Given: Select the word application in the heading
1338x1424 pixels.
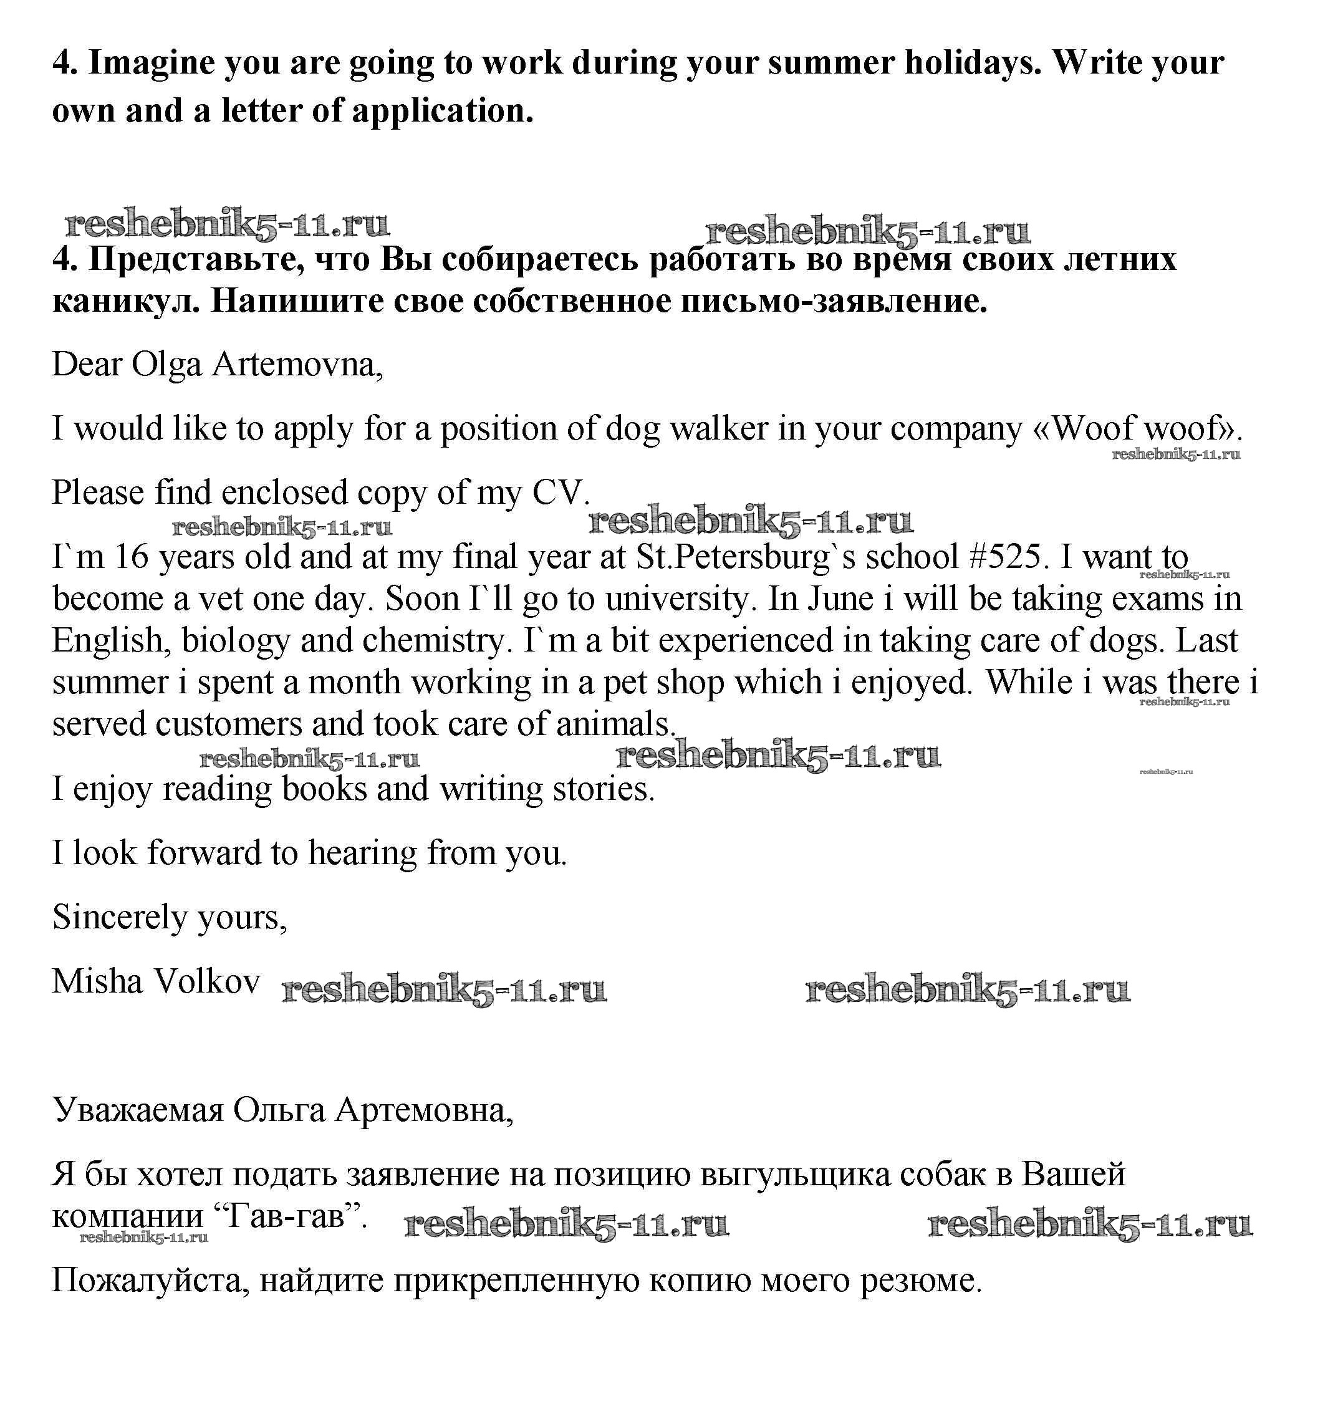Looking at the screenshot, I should (442, 112).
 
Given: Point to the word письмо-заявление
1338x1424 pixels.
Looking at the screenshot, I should (834, 302).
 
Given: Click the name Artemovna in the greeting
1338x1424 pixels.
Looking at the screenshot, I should (298, 365).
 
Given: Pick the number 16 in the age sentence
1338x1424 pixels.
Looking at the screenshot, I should (130, 557).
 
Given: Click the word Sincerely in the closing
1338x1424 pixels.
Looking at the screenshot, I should (120, 918).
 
